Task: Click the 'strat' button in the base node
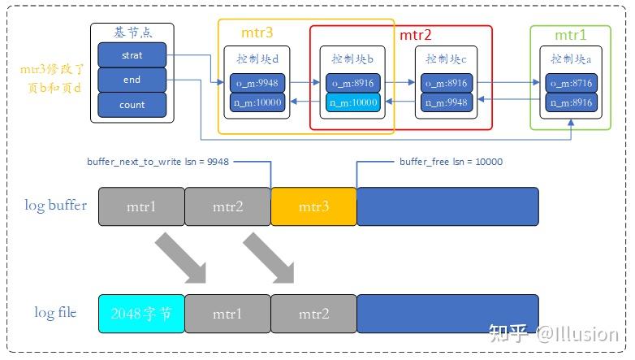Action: [x=132, y=56]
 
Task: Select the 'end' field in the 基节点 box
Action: [x=132, y=80]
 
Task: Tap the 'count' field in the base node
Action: [x=132, y=105]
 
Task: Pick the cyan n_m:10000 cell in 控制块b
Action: [x=353, y=102]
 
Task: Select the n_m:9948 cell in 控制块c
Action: [x=444, y=102]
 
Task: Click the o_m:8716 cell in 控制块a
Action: [x=571, y=83]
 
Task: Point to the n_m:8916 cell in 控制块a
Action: [x=571, y=102]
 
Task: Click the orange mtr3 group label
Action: [x=257, y=33]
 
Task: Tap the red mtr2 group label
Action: [x=415, y=35]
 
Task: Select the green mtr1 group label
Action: [x=570, y=35]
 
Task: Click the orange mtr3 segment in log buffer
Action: [x=313, y=206]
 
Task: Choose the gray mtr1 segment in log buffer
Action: [x=141, y=206]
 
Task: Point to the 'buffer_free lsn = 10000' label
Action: [x=451, y=162]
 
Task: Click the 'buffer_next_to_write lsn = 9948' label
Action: [x=158, y=162]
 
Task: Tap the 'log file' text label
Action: [x=55, y=312]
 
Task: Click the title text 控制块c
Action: [x=444, y=59]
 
